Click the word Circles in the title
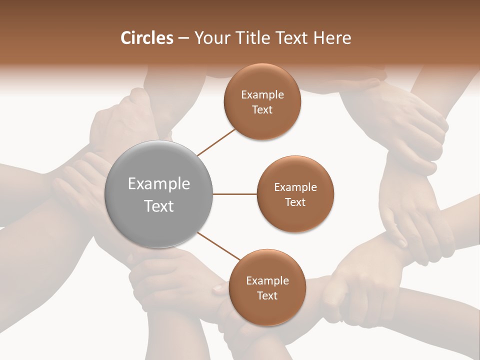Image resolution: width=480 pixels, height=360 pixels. tap(146, 38)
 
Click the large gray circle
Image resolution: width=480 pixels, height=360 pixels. tap(159, 194)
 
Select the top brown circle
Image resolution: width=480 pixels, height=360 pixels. tap(262, 101)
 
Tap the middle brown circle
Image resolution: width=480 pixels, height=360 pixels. tap(295, 194)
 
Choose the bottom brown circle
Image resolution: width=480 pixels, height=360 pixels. tap(267, 287)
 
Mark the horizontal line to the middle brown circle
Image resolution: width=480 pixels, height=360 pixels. tap(234, 194)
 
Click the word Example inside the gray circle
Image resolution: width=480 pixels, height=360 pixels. tap(159, 183)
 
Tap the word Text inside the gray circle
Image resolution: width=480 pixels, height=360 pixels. tap(159, 205)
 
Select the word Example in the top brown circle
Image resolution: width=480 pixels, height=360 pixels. tap(262, 94)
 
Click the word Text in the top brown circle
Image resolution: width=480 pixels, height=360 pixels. tap(262, 109)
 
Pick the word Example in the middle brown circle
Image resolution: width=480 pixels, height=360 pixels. tap(295, 187)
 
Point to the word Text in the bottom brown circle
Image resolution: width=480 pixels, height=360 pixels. tap(267, 295)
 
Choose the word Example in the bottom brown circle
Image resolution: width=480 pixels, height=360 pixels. tap(267, 280)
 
